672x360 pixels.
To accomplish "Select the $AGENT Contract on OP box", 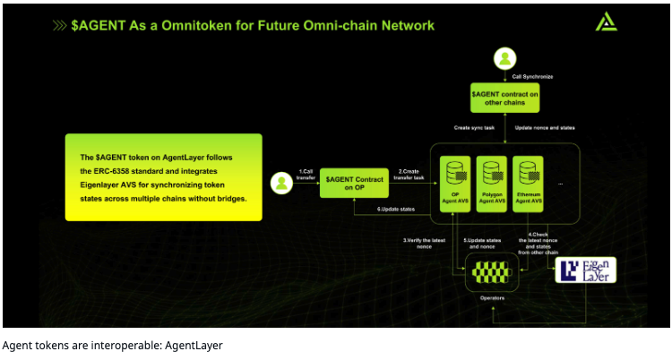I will [x=352, y=184].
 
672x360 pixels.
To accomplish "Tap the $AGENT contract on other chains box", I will [x=506, y=96].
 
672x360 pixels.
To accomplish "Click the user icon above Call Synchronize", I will [x=506, y=60].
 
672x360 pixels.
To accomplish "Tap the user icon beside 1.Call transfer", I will [x=282, y=184].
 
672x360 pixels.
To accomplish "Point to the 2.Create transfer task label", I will [x=412, y=174].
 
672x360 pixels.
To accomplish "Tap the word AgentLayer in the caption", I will [x=192, y=344].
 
